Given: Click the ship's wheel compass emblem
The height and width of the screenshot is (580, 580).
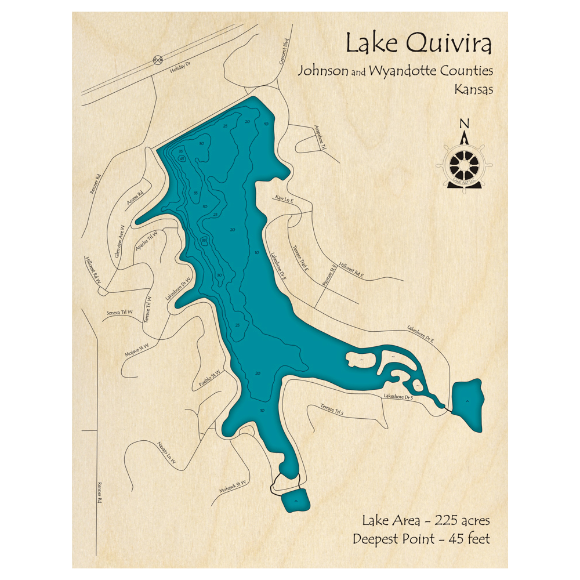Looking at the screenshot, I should tap(464, 165).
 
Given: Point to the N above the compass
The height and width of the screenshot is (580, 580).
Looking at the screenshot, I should tap(463, 123).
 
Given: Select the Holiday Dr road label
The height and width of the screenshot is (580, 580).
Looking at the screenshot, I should tap(180, 69).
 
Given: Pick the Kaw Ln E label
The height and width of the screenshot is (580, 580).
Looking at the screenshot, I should tap(285, 200).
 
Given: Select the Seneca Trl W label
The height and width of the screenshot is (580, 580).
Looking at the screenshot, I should tap(119, 313).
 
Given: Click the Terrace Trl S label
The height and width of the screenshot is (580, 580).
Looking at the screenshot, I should tap(332, 411).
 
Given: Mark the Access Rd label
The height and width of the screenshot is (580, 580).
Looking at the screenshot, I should tap(135, 199).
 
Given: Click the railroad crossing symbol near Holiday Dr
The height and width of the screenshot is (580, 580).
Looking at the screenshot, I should tap(158, 60).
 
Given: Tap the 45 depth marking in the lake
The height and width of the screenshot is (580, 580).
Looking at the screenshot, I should tap(182, 157).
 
